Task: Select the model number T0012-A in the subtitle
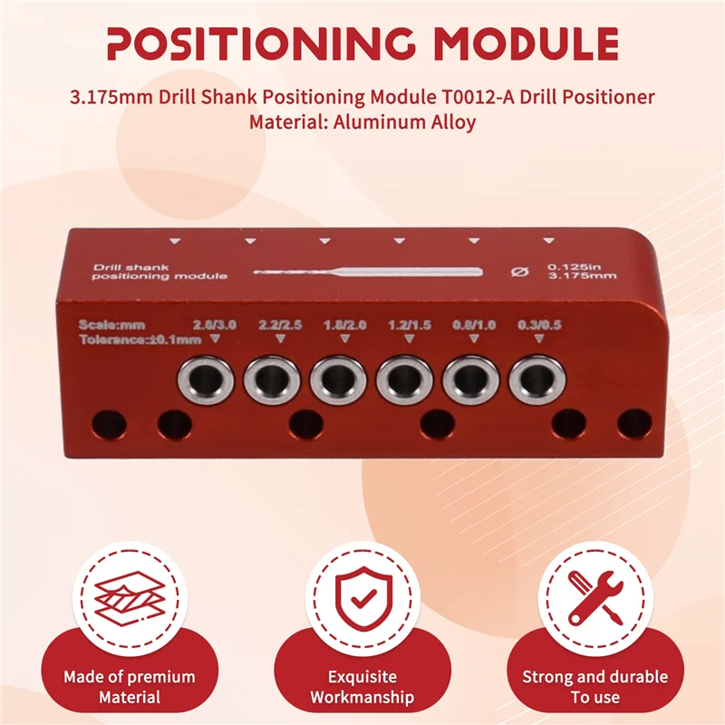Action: tap(475, 97)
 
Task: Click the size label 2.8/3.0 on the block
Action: tap(215, 324)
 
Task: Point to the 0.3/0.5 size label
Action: tap(539, 324)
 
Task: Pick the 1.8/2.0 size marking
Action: tap(345, 324)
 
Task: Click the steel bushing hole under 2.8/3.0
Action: tap(206, 381)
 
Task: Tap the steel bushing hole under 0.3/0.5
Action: tap(537, 381)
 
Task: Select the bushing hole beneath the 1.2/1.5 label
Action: tap(404, 381)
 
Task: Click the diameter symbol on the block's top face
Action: tap(519, 271)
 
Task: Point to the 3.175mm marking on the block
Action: tap(582, 276)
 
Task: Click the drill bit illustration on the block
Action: tap(368, 272)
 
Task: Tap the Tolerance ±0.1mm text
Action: tap(140, 340)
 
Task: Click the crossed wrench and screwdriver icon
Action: tap(595, 598)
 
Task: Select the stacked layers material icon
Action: tap(130, 598)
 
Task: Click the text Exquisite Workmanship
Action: tap(362, 687)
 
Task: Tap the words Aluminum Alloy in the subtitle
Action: tap(404, 122)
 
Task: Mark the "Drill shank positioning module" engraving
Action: tap(159, 272)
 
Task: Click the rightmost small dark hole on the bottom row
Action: tap(634, 423)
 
